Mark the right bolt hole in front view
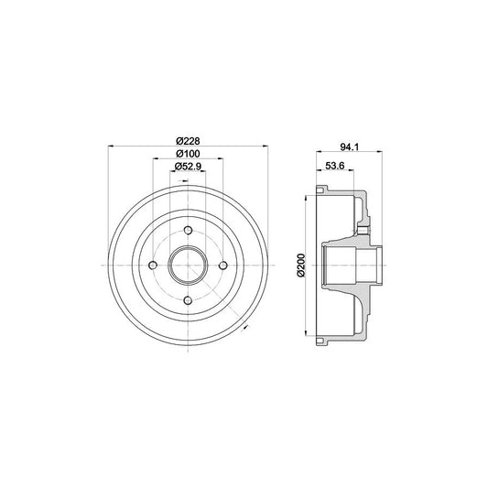222,265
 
